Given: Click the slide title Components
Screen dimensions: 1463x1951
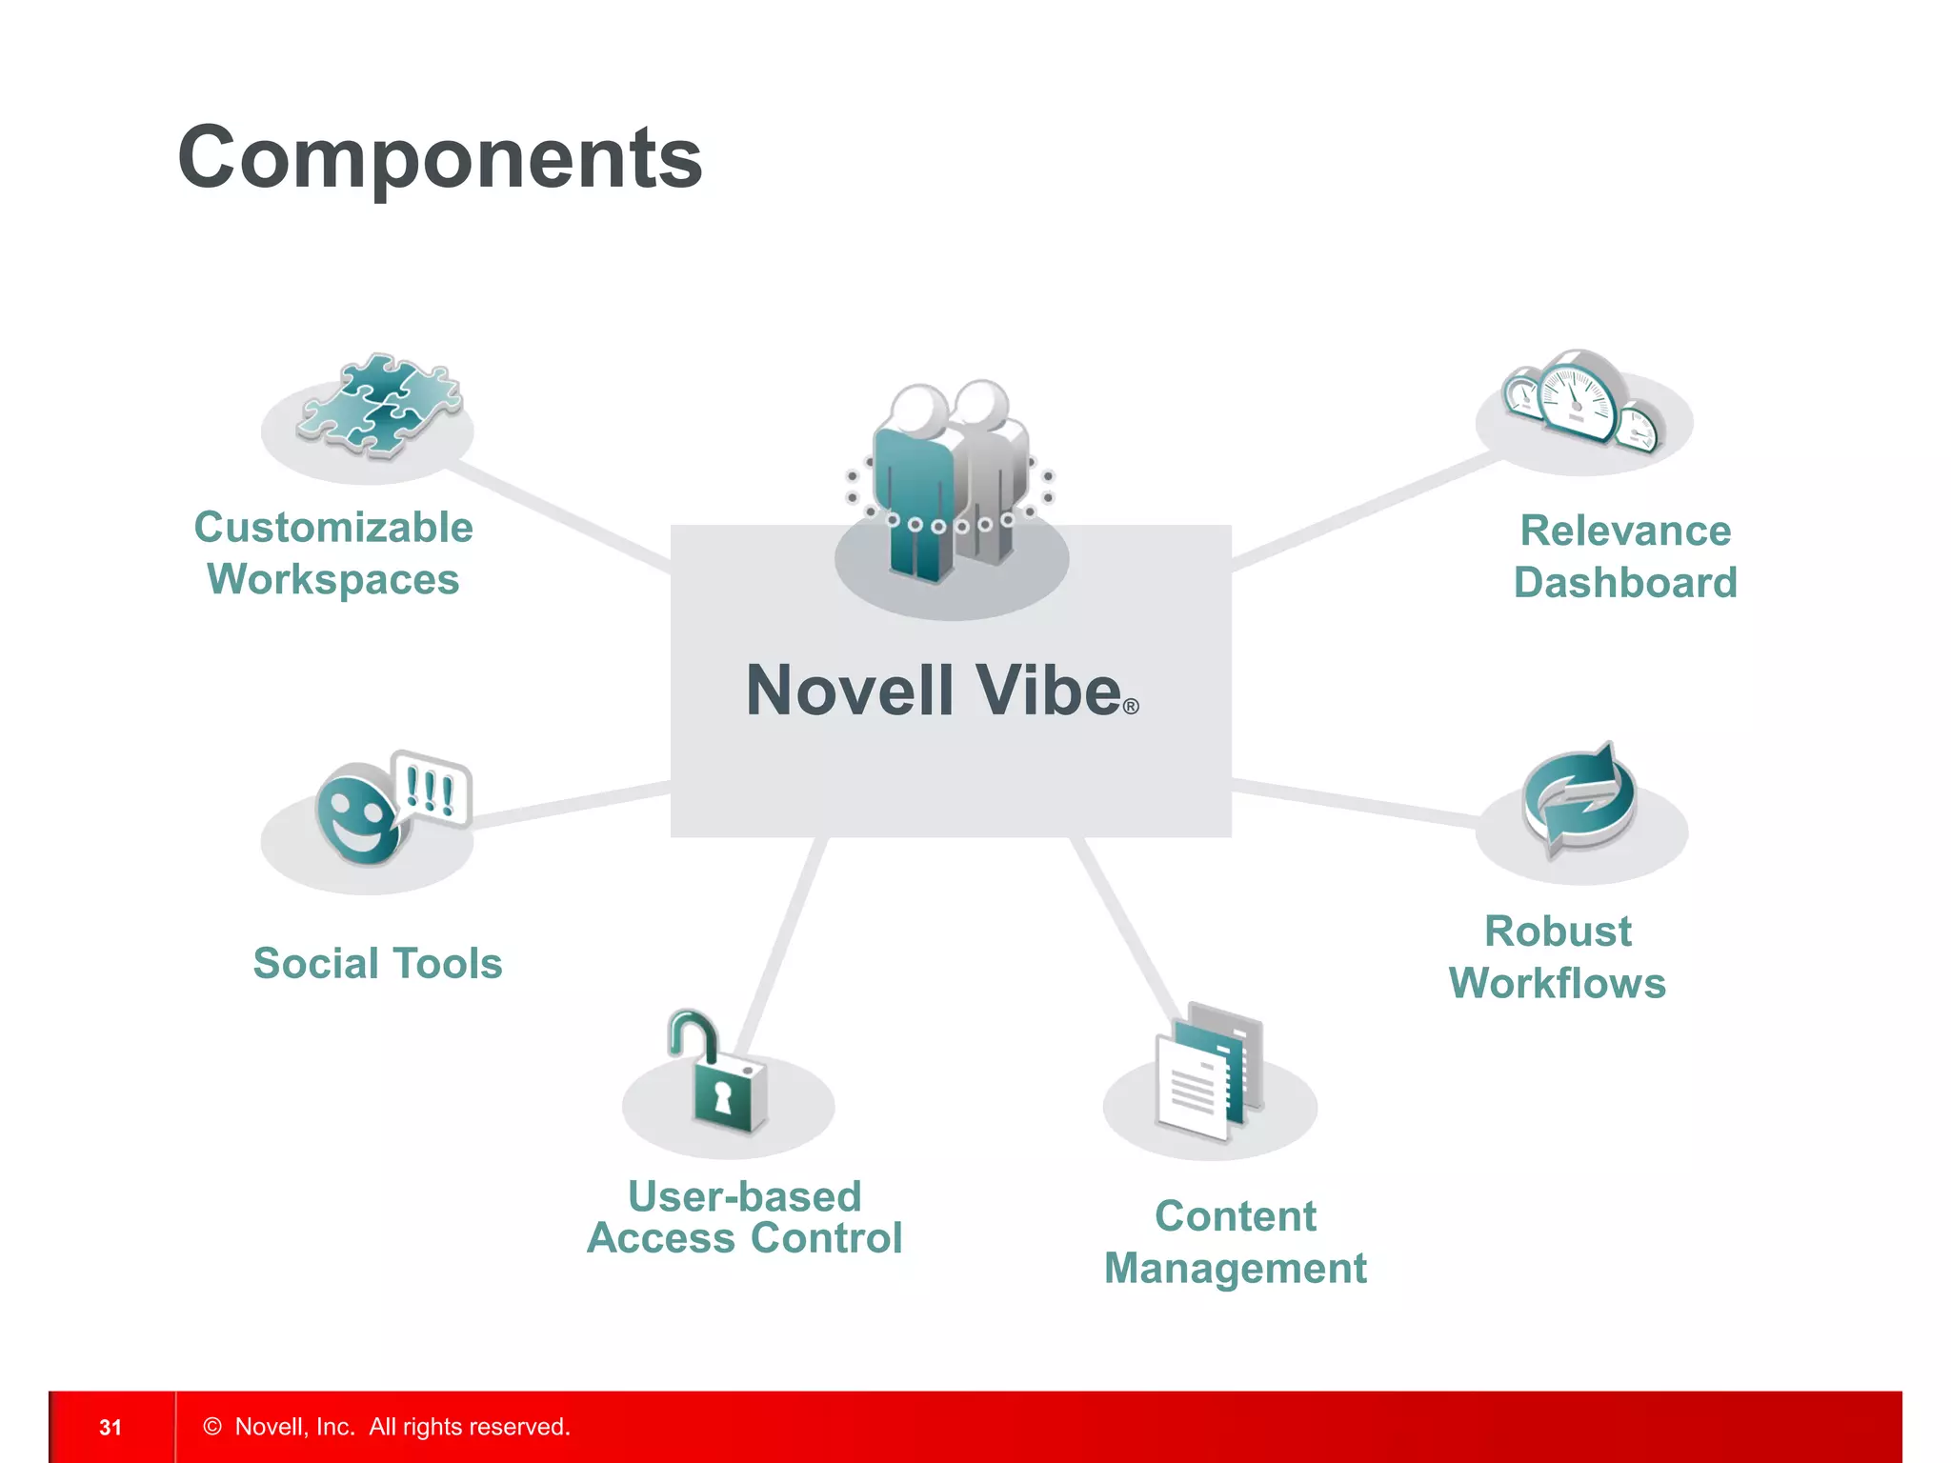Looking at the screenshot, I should pyautogui.click(x=439, y=158).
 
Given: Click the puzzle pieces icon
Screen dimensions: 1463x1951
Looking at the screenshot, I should pyautogui.click(x=378, y=407).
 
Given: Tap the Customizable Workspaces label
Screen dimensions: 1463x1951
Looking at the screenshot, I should pyautogui.click(x=333, y=553).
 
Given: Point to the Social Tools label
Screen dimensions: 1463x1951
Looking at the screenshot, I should pyautogui.click(x=377, y=963).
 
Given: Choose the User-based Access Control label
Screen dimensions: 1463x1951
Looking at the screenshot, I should pyautogui.click(x=744, y=1217).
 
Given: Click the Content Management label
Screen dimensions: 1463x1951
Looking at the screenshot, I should pyautogui.click(x=1235, y=1242).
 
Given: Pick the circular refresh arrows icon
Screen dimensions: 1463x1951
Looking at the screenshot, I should pyautogui.click(x=1579, y=799).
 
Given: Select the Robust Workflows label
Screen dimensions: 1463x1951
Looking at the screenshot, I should pyautogui.click(x=1558, y=957).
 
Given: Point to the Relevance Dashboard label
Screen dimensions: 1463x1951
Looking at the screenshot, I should pyautogui.click(x=1625, y=556).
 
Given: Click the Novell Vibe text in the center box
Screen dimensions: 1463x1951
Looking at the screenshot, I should pyautogui.click(x=934, y=691).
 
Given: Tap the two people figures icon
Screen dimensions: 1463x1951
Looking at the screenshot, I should pyautogui.click(x=950, y=481).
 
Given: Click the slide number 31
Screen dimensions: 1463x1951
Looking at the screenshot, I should pyautogui.click(x=111, y=1427).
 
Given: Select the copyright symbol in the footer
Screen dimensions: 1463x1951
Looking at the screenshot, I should pyautogui.click(x=212, y=1426).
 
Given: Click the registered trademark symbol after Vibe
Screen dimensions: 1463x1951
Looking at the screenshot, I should pyautogui.click(x=1131, y=707).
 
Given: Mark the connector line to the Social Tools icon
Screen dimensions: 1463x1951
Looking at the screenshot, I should pyautogui.click(x=572, y=804).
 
